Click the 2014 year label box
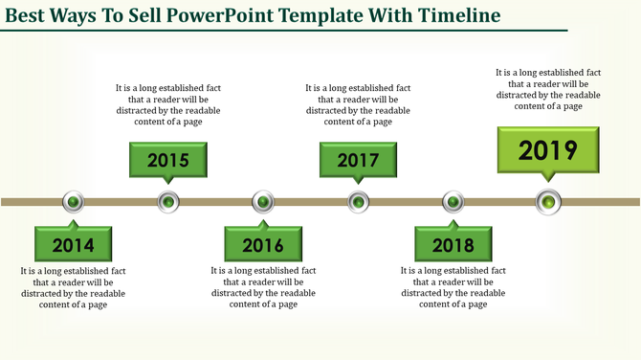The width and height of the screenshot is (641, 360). coord(73,245)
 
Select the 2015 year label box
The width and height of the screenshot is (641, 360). coord(167,160)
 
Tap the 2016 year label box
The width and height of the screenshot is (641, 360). coord(263,245)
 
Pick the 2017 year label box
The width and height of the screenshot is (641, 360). coord(358,160)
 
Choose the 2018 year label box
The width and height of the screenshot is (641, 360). coord(453,245)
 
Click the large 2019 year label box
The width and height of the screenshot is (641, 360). coord(547,150)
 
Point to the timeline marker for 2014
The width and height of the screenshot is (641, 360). coord(74,202)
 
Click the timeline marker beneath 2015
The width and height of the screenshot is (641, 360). coord(168,202)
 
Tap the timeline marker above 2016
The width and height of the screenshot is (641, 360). coord(263,202)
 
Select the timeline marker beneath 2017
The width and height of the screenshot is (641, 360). coord(358,202)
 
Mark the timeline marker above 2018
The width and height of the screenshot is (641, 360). coord(453,202)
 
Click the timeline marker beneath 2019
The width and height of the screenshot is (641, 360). coord(547,202)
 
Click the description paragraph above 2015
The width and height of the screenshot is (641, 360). coord(167,104)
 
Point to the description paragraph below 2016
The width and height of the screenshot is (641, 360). coord(263,287)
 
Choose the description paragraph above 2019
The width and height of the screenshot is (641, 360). coord(547,89)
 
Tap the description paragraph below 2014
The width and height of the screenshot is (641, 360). coord(73,287)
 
